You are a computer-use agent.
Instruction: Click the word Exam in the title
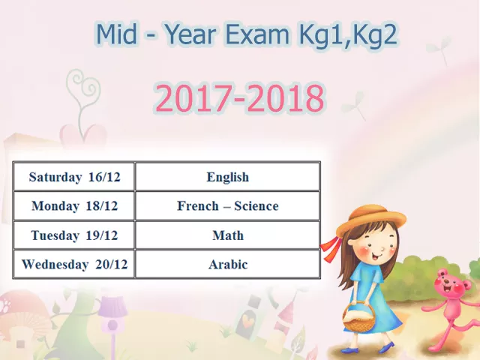256,34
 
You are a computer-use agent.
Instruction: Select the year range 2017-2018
240,97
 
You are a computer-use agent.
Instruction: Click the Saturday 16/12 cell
73,177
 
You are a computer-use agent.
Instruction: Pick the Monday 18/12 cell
73,205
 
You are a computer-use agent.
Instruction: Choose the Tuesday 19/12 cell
73,235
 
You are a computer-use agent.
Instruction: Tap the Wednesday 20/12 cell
73,264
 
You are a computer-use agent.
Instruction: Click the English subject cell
227,177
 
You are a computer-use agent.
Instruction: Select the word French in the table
198,205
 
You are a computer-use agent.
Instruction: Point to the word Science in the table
256,205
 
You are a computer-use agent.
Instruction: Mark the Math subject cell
227,235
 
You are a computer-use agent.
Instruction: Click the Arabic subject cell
227,264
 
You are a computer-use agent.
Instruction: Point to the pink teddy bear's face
449,285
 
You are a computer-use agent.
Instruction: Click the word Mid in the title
117,34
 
